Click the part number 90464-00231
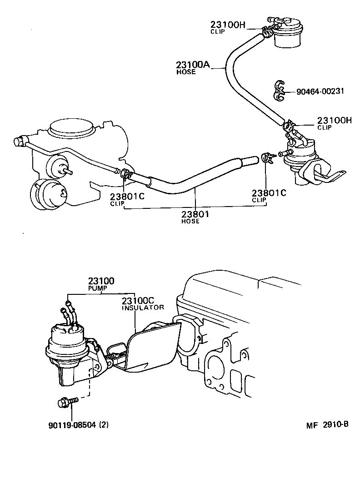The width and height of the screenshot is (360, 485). point(320,91)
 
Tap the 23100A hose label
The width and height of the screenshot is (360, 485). point(193,65)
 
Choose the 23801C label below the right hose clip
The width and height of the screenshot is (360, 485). point(269,192)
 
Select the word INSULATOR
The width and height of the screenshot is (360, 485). point(142,308)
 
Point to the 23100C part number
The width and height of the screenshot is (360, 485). point(138,301)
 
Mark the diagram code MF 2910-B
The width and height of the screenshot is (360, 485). point(327,425)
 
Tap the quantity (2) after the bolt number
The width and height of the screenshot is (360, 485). point(104,425)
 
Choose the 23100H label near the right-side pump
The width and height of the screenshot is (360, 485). point(335,121)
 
